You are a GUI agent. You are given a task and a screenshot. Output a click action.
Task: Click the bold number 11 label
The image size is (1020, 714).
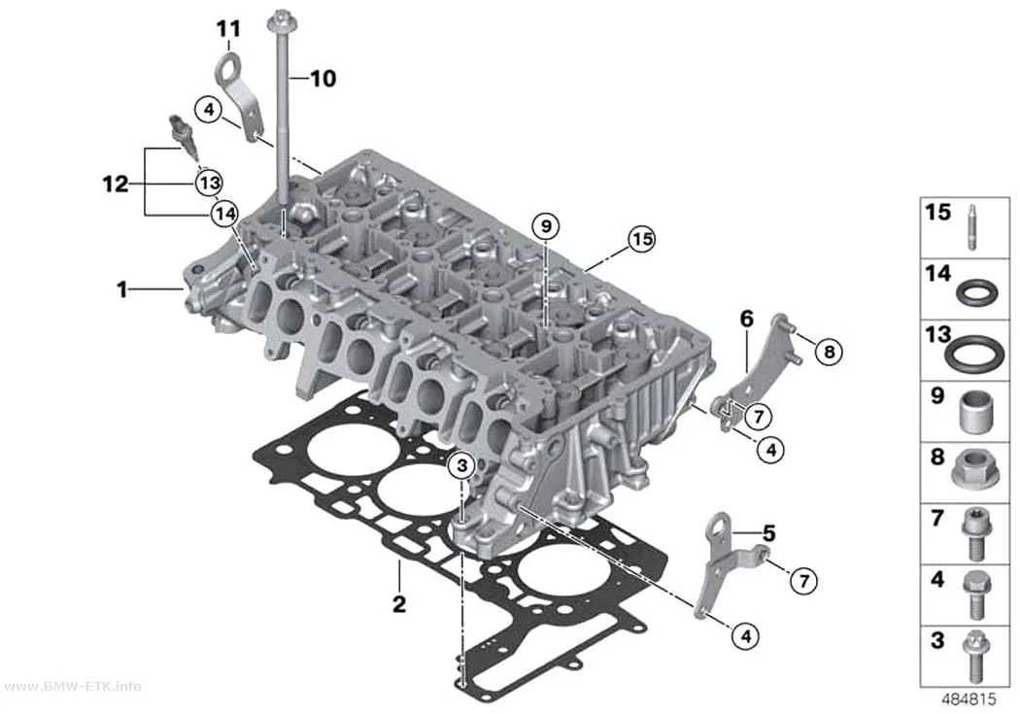pyautogui.click(x=228, y=28)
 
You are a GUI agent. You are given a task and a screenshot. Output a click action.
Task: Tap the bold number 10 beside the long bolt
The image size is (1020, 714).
pyautogui.click(x=323, y=78)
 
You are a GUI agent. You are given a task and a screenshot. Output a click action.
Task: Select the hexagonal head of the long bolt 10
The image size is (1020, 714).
pyautogui.click(x=281, y=19)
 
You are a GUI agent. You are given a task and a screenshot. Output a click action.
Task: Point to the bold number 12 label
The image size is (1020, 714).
pyautogui.click(x=116, y=184)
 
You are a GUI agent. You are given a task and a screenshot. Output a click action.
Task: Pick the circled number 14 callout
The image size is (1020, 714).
pyautogui.click(x=224, y=214)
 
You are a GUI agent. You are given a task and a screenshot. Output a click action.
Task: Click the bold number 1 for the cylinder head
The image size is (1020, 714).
pyautogui.click(x=121, y=289)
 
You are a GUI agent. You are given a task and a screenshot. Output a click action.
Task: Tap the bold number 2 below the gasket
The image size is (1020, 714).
pyautogui.click(x=398, y=603)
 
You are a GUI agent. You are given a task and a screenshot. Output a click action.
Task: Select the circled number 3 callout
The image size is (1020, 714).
pyautogui.click(x=462, y=465)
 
